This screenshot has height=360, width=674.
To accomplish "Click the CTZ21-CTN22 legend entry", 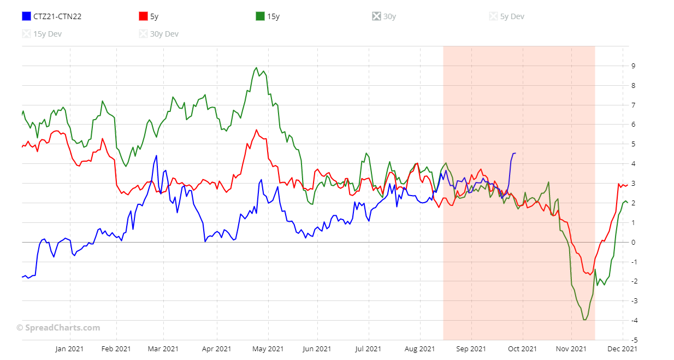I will tap(51, 16).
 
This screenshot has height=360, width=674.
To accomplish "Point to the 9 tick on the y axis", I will tap(633, 66).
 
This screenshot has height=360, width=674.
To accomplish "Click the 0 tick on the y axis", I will tap(633, 242).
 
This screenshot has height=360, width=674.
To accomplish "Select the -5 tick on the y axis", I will tap(634, 340).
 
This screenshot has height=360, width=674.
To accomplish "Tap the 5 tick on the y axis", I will tap(633, 144).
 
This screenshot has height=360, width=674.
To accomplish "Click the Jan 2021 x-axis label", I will tap(69, 349).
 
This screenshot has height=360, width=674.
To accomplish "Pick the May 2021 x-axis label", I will tap(268, 349).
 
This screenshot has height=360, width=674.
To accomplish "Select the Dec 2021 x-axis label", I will tap(622, 349).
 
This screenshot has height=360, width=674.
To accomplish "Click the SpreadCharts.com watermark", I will tap(58, 328).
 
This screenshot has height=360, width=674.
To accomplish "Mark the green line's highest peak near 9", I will tap(256, 68).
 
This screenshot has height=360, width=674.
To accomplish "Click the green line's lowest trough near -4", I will tap(585, 320).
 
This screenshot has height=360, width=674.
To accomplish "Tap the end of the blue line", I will tap(515, 154).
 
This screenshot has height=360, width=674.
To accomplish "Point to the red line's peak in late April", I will tap(256, 130).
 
